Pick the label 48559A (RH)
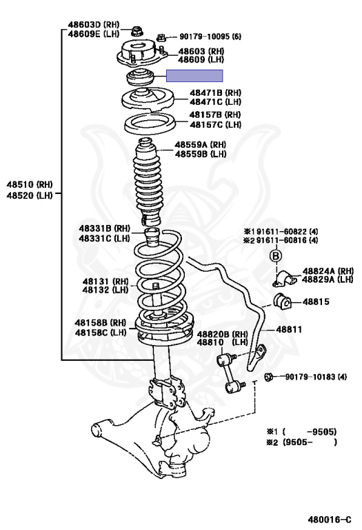[x=200, y=145]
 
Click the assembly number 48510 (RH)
[x=30, y=186]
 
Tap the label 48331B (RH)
[x=104, y=228]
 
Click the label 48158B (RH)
[x=100, y=322]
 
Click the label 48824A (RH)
[x=328, y=271]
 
